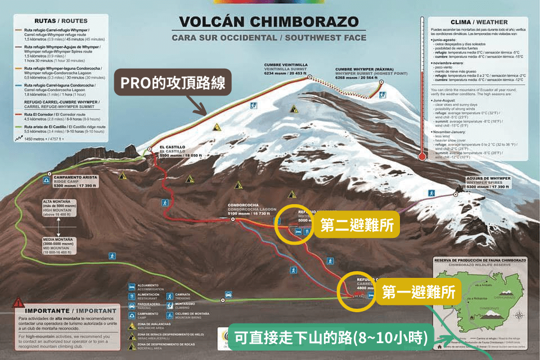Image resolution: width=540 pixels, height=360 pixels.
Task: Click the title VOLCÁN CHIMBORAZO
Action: tap(268, 22)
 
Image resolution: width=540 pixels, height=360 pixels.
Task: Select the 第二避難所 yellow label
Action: tap(356, 226)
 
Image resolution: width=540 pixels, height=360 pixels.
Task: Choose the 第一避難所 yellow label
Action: tap(418, 292)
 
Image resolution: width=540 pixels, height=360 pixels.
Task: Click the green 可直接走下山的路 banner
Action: tap(331, 339)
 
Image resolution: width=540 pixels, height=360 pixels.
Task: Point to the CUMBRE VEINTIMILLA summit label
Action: tap(286, 68)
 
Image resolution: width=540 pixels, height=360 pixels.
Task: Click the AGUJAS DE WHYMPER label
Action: tap(489, 181)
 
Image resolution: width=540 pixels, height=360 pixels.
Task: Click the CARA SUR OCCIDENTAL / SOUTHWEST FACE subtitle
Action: tap(268, 38)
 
